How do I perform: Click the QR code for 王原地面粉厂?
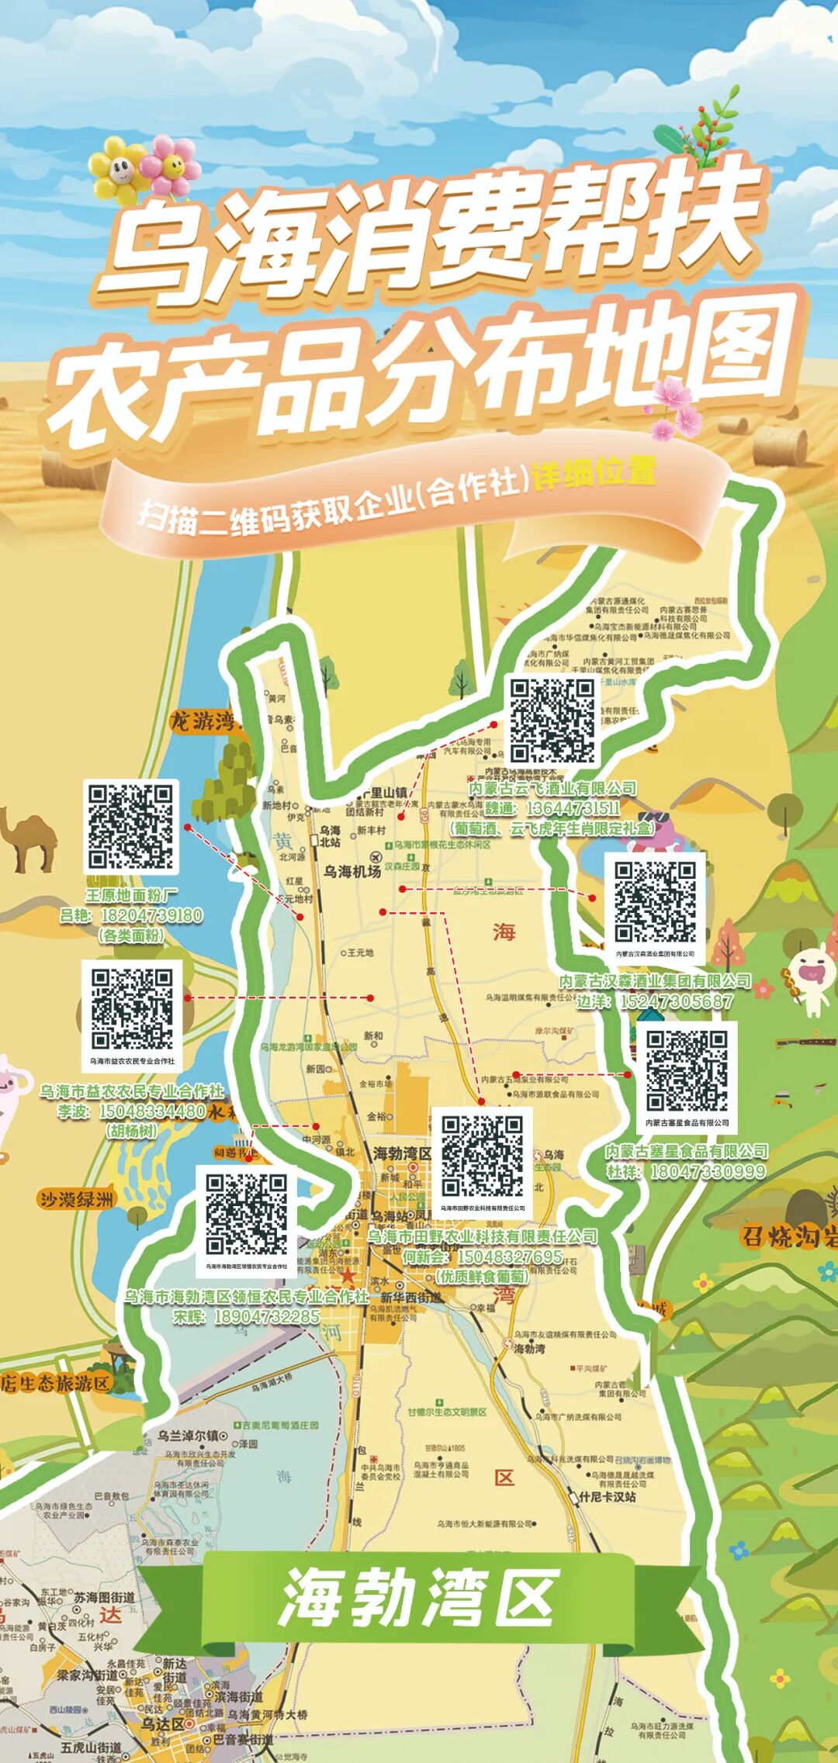point(130,826)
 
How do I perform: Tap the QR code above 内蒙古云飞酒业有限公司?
point(552,721)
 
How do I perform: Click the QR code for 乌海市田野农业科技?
point(482,1156)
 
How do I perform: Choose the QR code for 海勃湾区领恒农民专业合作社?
point(247,1215)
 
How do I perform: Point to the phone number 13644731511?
point(573,809)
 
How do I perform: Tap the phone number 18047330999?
point(707,1171)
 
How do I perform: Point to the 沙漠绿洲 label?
point(78,1200)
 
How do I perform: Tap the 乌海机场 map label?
point(352,871)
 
